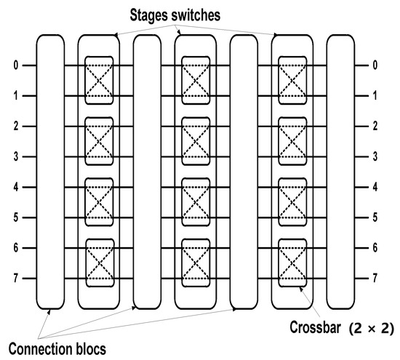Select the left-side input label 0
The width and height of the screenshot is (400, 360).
click(16, 65)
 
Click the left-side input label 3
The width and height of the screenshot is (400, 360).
click(16, 156)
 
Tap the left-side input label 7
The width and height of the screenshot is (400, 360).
click(16, 279)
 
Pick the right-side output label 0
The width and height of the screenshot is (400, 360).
click(375, 65)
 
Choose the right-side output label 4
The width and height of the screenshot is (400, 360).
click(375, 187)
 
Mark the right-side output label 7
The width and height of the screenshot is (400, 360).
click(375, 279)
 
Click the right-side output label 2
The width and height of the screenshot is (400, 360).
click(375, 126)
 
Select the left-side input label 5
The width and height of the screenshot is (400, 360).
click(16, 217)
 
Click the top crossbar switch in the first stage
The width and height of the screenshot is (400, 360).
click(99, 80)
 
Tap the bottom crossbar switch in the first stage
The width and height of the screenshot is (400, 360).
click(99, 263)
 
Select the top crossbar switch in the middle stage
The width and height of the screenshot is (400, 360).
click(196, 80)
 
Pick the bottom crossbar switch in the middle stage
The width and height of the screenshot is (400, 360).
click(196, 263)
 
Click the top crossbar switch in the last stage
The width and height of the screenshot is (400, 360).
click(292, 80)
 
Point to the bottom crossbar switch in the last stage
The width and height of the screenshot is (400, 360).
click(292, 263)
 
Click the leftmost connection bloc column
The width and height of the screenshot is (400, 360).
click(50, 172)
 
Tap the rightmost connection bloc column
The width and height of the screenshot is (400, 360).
click(340, 172)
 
